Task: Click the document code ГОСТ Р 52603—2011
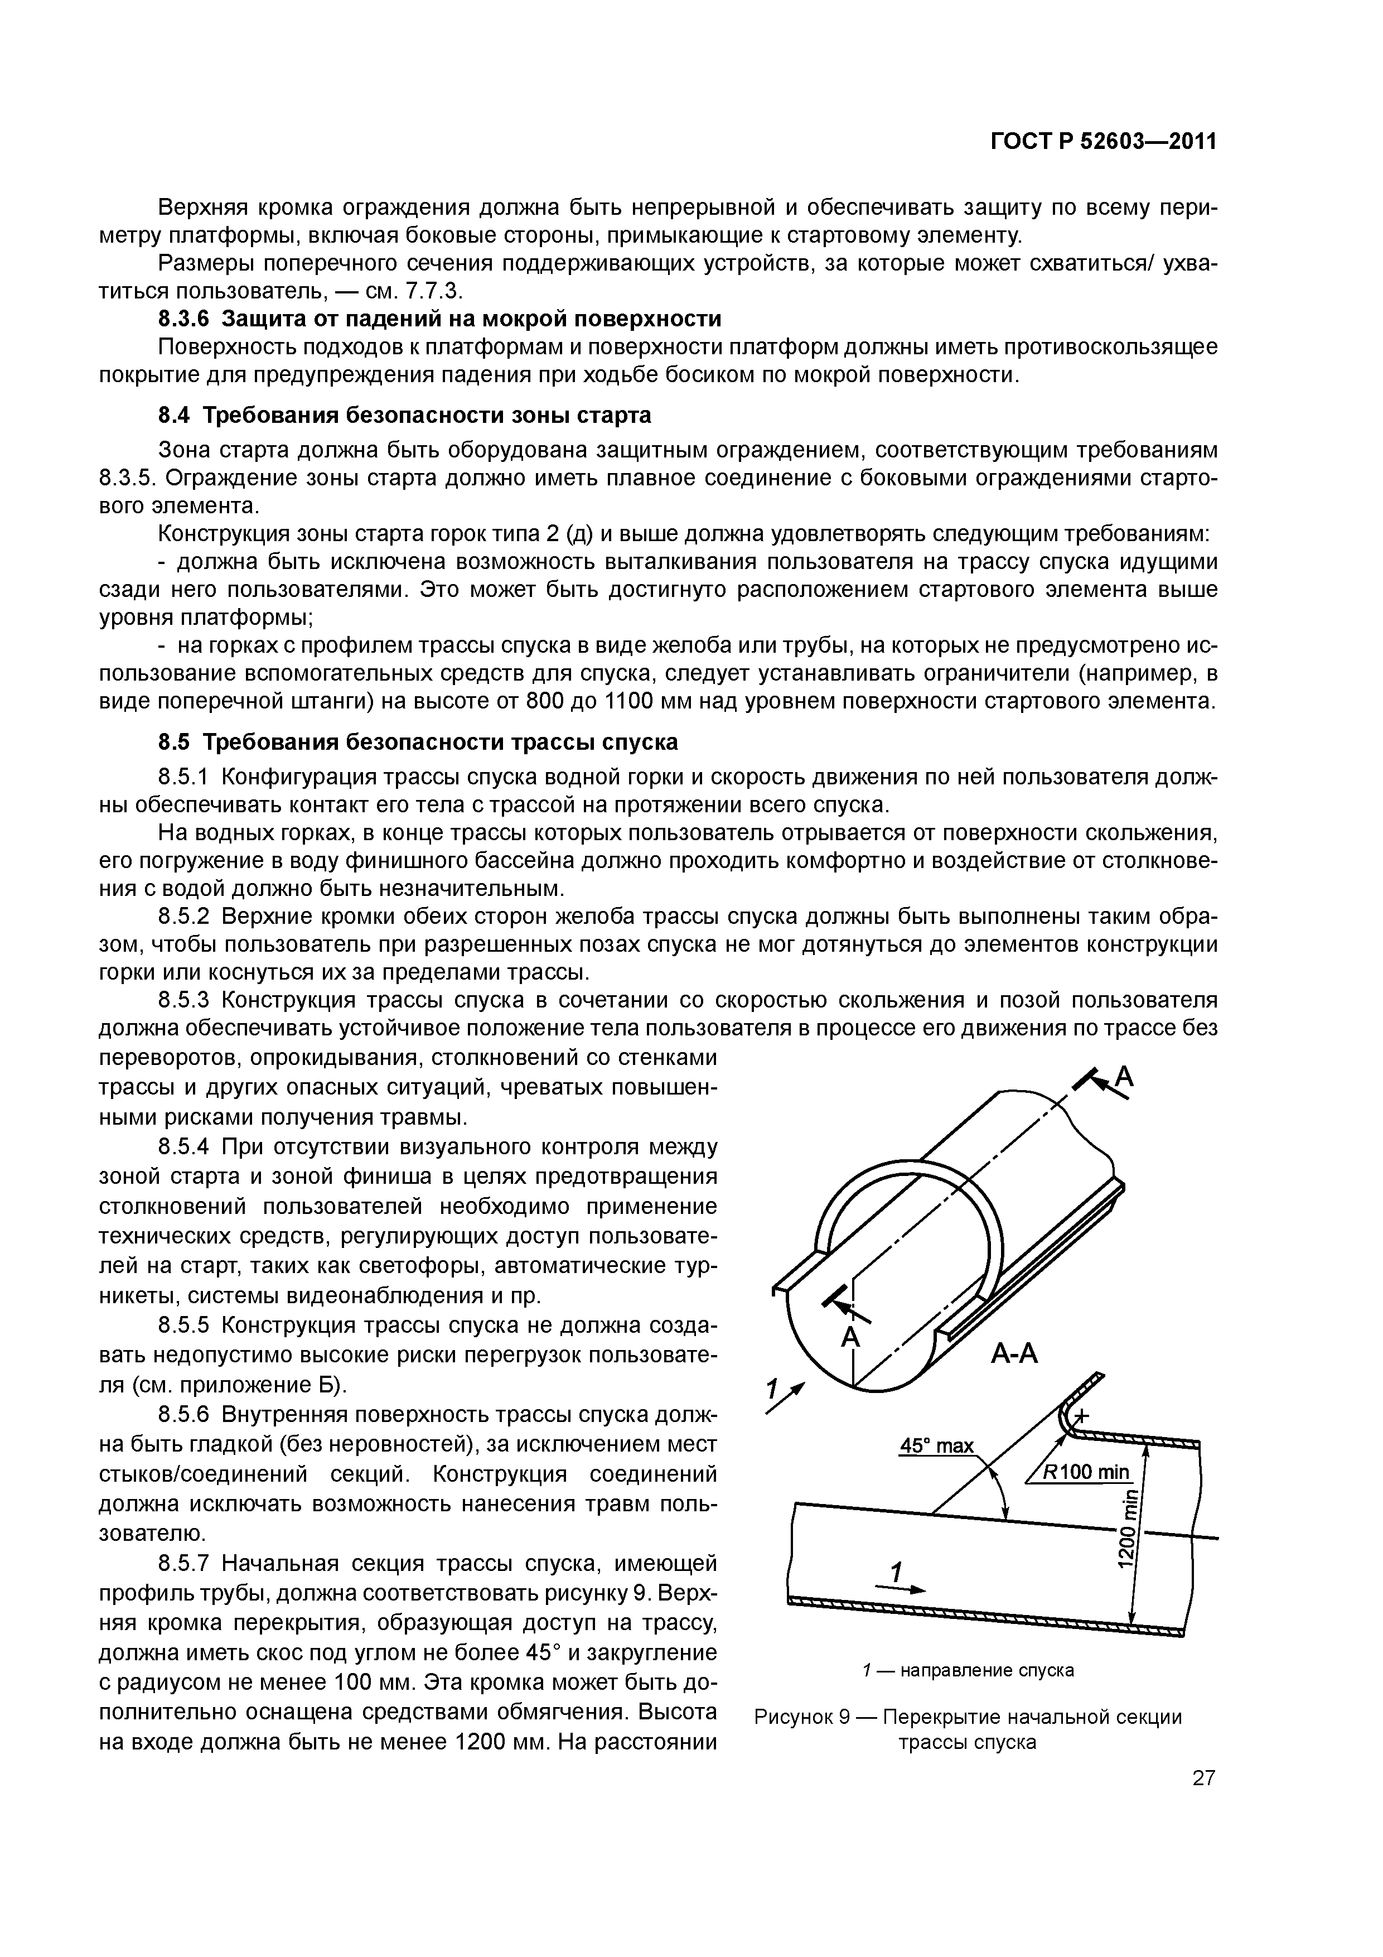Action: click(x=1102, y=142)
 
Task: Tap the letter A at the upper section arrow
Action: click(x=1125, y=1079)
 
